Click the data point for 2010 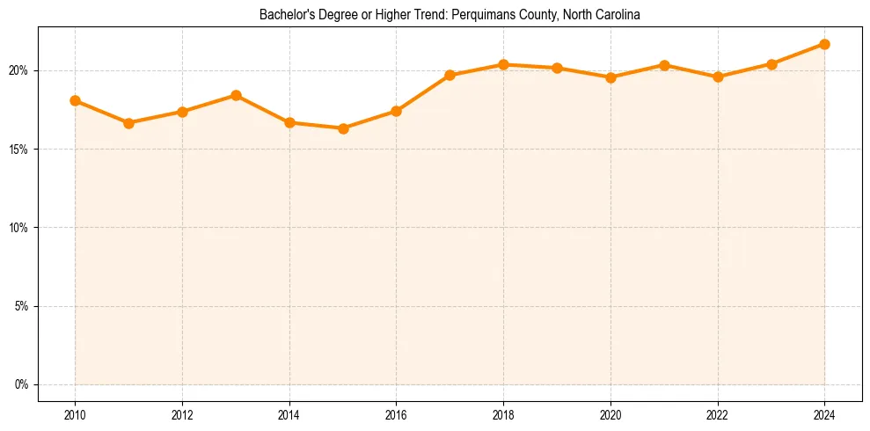pyautogui.click(x=75, y=100)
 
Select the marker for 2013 pyautogui.click(x=236, y=95)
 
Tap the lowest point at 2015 pyautogui.click(x=343, y=128)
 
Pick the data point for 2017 pyautogui.click(x=450, y=75)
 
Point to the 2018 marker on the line pyautogui.click(x=503, y=64)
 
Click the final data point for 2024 pyautogui.click(x=824, y=44)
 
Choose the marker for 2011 pyautogui.click(x=128, y=123)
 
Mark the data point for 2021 pyautogui.click(x=664, y=65)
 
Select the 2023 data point pyautogui.click(x=771, y=64)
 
